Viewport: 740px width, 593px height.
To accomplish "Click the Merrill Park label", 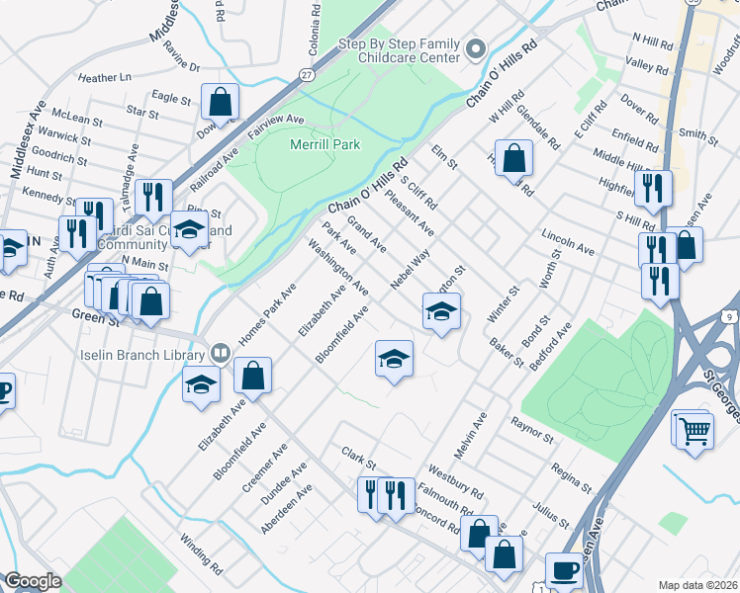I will click(x=324, y=144).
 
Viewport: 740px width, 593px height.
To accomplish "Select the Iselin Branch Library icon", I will click(x=220, y=352).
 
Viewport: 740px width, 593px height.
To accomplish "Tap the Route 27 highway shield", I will click(x=307, y=75).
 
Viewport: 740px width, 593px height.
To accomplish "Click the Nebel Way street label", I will click(x=410, y=270).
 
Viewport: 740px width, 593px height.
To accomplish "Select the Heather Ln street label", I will click(x=104, y=77).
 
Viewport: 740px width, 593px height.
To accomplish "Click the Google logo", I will click(x=32, y=581).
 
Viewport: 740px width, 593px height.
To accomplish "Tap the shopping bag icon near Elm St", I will click(x=514, y=158).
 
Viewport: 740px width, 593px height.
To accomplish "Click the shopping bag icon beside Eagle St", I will click(x=220, y=101).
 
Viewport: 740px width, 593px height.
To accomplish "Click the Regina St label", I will click(x=571, y=476).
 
